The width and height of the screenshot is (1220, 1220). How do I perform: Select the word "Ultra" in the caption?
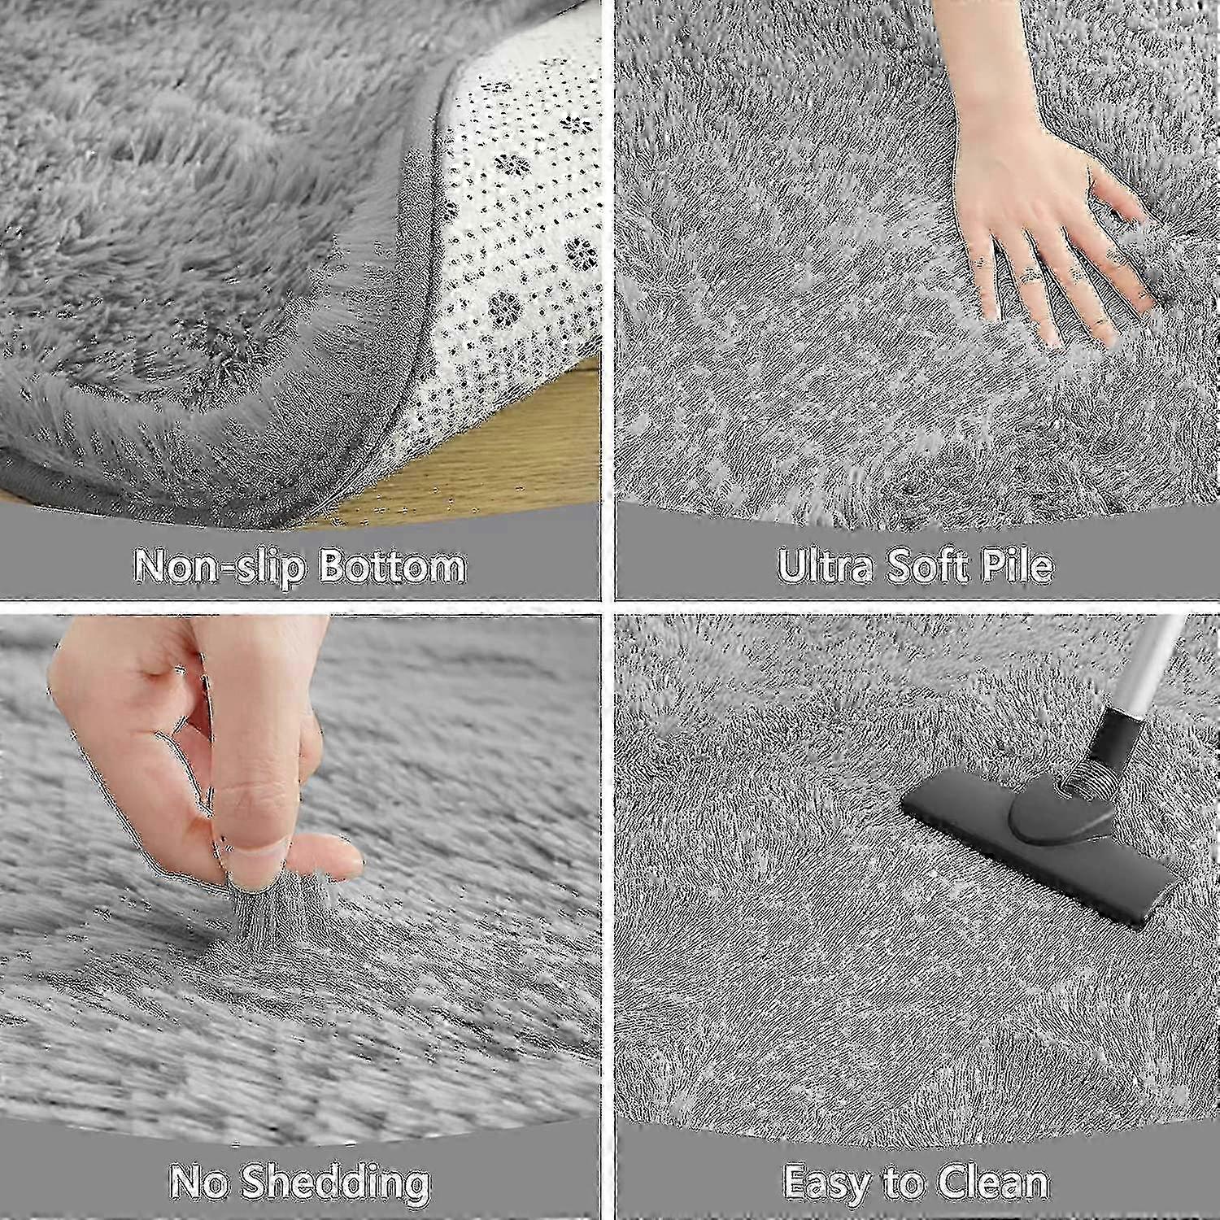[x=824, y=566]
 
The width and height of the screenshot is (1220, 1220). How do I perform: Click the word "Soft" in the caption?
[x=930, y=566]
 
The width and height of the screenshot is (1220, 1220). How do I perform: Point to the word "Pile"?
[x=1021, y=566]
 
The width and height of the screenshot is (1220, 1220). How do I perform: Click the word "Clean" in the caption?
[x=994, y=1182]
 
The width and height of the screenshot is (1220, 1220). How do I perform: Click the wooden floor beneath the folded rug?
[x=488, y=464]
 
